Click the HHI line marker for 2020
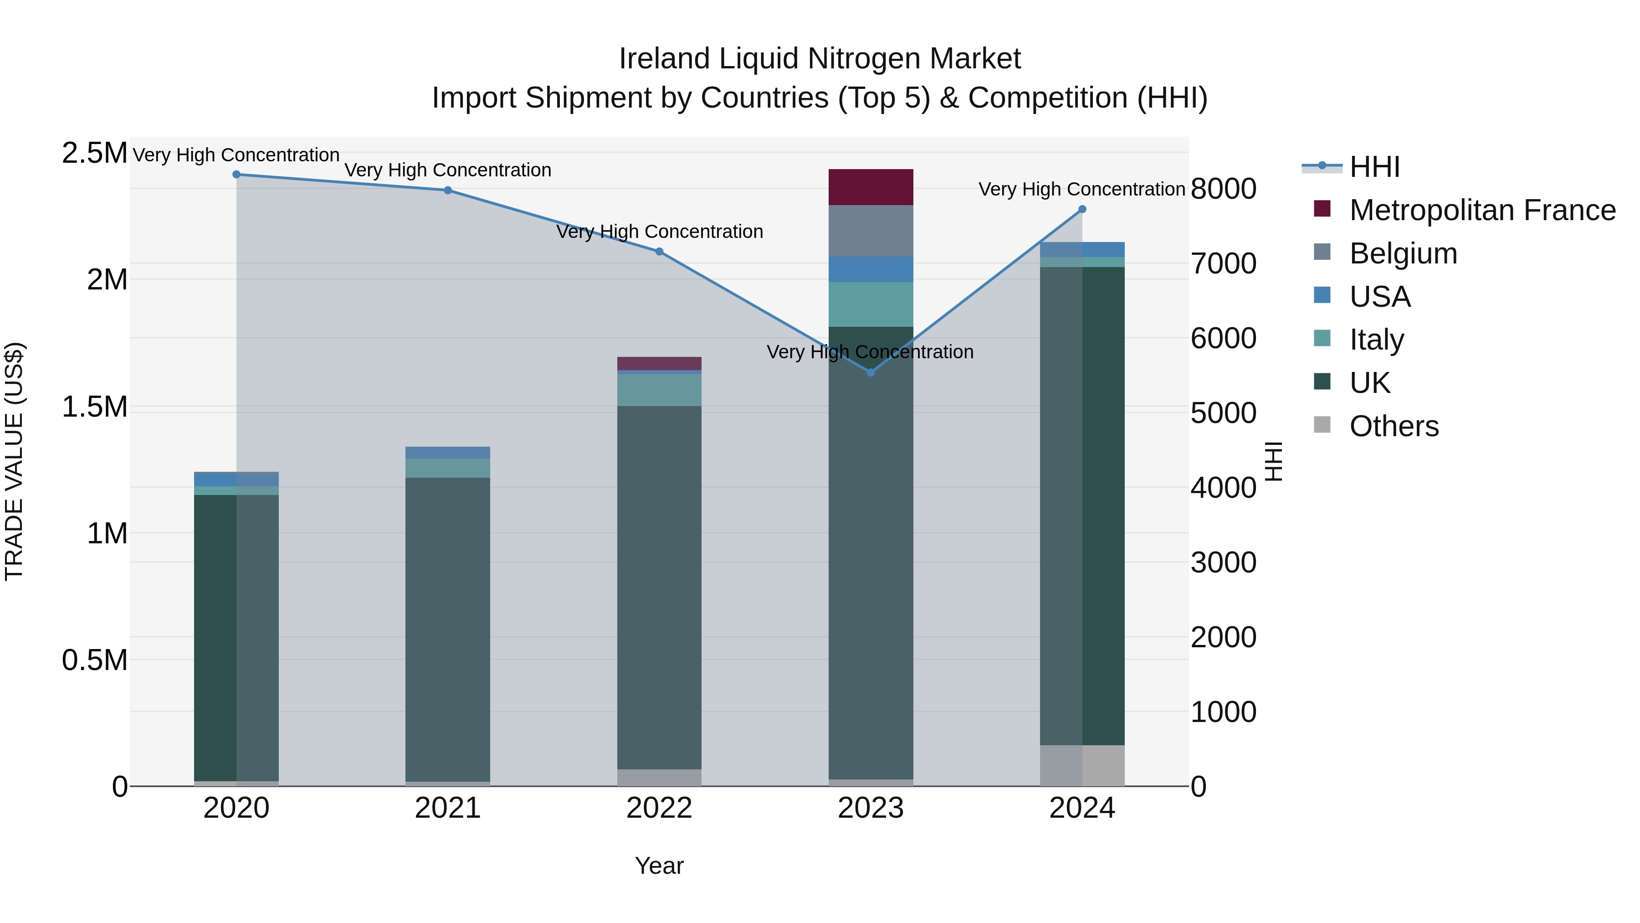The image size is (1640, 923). [x=236, y=175]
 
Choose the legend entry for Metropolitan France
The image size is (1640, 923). [x=1482, y=210]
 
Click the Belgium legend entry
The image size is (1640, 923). [x=1403, y=253]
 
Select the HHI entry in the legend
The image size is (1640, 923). [x=1374, y=167]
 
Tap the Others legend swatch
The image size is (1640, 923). [x=1322, y=425]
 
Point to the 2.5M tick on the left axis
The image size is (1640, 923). [x=94, y=154]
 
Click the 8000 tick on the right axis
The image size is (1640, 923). [x=1223, y=189]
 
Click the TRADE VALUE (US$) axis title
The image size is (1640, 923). [x=14, y=461]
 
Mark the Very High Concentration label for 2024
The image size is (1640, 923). [x=1081, y=190]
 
